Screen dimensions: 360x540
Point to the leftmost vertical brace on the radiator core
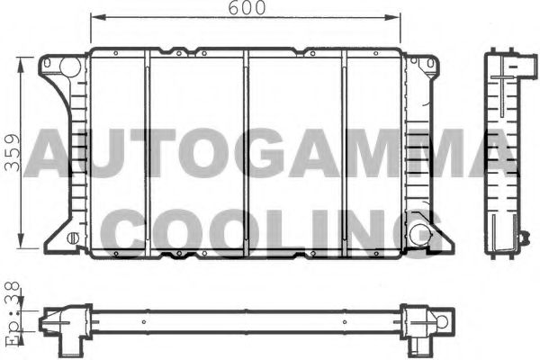147,153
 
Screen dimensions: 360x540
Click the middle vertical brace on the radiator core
246,153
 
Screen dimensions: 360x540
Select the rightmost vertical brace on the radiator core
345,153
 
